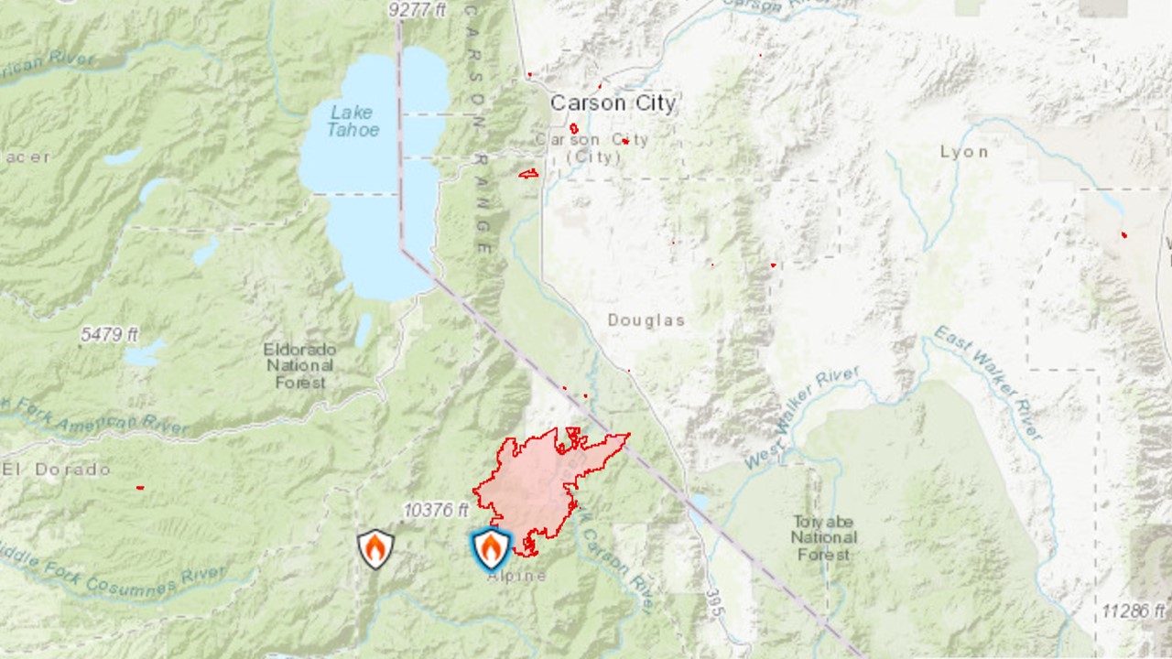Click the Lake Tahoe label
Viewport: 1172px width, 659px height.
coord(353,121)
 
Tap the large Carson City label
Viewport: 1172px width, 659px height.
coord(613,103)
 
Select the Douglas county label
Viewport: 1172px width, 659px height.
coord(646,320)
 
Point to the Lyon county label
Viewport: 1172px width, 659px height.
coord(963,152)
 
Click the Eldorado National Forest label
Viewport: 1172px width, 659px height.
coord(299,366)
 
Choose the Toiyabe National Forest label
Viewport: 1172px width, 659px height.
coord(824,537)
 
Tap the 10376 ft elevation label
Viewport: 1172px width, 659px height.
coord(435,511)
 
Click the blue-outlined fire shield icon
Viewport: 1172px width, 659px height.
coord(491,549)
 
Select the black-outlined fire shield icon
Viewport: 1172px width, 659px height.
coord(375,549)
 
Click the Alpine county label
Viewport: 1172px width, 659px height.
coord(516,576)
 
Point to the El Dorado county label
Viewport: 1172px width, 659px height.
coord(57,470)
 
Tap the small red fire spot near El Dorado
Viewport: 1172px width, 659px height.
coord(140,488)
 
